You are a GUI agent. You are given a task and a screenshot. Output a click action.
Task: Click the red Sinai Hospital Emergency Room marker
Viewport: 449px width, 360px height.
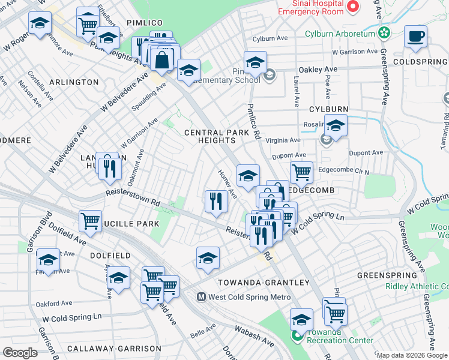click(x=354, y=7)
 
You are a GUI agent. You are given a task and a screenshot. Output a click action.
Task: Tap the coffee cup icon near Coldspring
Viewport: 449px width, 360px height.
click(x=415, y=37)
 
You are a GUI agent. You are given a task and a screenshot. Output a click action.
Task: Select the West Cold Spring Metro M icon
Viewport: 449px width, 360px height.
click(x=202, y=296)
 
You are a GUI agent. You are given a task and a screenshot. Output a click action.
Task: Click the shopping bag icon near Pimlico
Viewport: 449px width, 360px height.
click(x=162, y=59)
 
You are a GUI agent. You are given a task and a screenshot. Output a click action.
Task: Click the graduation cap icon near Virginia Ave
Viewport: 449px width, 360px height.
click(x=336, y=126)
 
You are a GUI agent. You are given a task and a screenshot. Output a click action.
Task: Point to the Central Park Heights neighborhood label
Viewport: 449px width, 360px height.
click(x=209, y=136)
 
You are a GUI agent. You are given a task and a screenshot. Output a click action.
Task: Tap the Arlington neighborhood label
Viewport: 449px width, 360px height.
click(x=73, y=82)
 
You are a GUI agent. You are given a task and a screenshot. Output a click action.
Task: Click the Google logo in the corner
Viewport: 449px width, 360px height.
click(x=20, y=353)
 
